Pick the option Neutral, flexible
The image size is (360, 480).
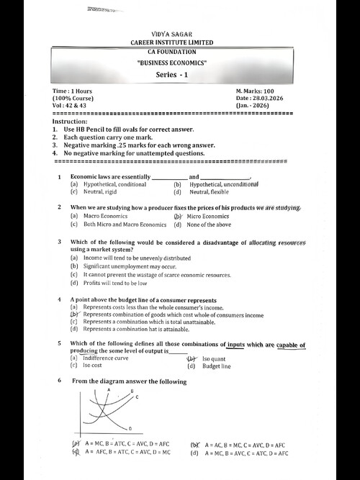[210, 192]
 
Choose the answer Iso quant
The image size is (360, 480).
[214, 358]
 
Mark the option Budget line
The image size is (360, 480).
[216, 366]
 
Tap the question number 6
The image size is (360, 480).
[59, 381]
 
